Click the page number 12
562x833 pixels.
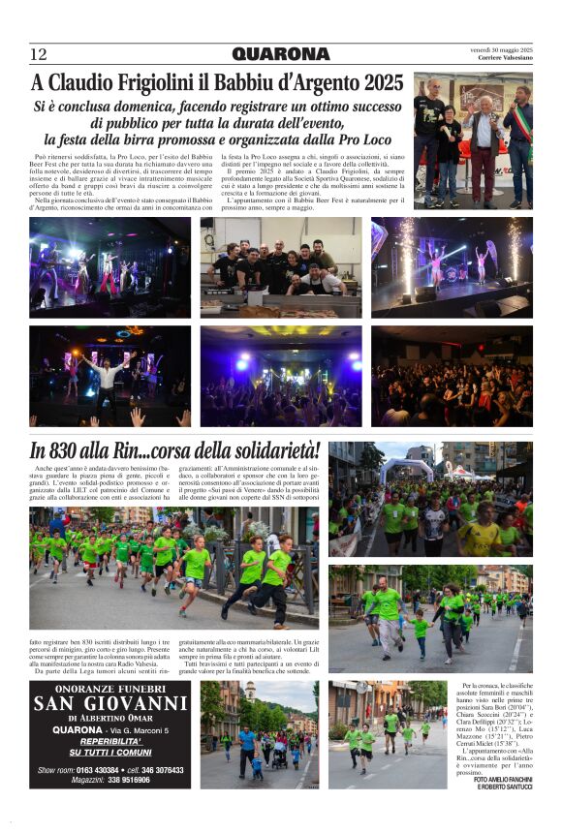[38, 53]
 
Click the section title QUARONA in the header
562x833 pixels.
[281, 53]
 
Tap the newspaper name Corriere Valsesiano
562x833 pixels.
[505, 58]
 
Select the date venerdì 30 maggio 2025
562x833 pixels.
[502, 49]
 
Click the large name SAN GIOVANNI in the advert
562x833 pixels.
[110, 704]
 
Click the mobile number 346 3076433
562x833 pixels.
[159, 770]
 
